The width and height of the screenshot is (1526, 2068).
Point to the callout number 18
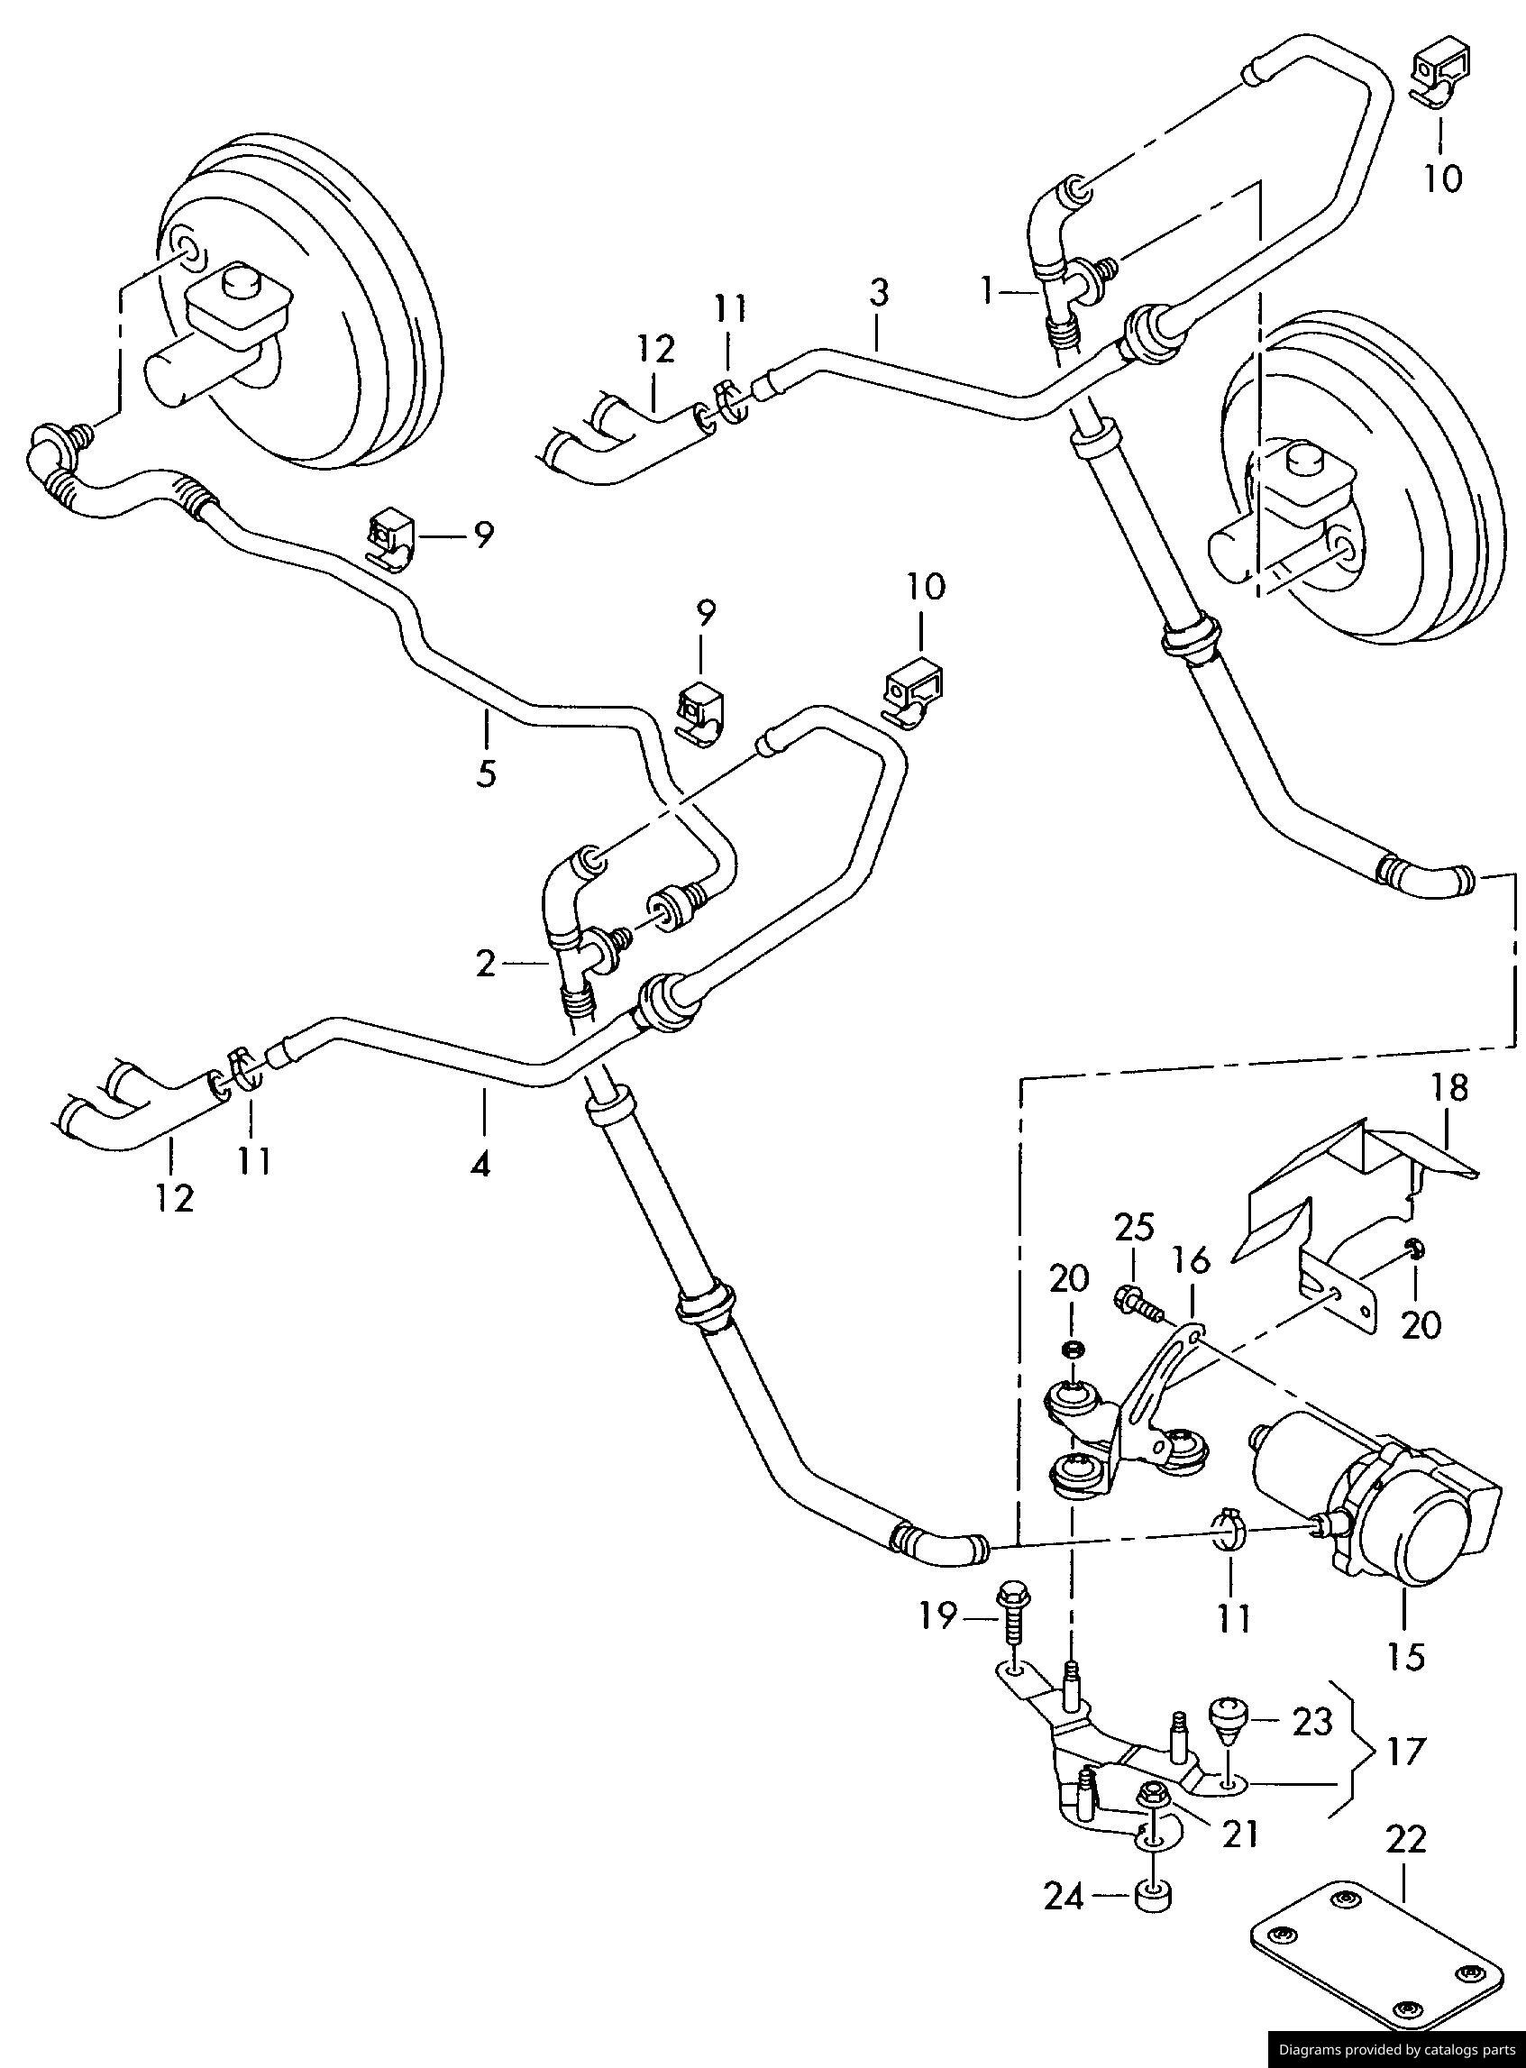(x=1450, y=1088)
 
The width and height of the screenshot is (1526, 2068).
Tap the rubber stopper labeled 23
(x=1228, y=1718)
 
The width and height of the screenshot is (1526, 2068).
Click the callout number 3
(x=879, y=294)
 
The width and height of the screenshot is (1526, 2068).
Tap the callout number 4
(x=480, y=1166)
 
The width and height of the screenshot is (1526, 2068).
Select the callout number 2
(x=486, y=965)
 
